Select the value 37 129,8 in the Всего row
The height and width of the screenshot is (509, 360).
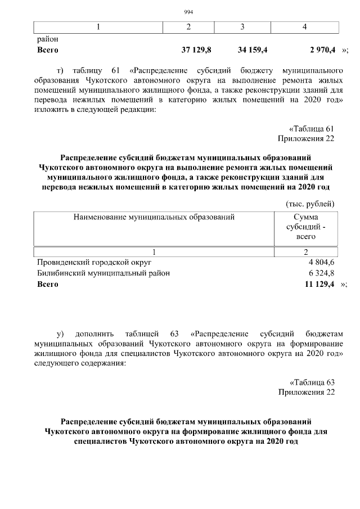click(196, 50)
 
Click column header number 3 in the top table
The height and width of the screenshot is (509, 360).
click(242, 27)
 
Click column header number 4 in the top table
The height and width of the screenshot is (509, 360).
click(304, 27)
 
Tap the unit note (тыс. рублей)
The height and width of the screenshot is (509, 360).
click(310, 203)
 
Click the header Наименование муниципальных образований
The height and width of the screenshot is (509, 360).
click(154, 217)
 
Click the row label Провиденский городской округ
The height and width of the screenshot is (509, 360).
click(94, 262)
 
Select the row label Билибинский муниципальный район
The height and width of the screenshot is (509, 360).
click(103, 273)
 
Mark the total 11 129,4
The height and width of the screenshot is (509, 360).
click(319, 285)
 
